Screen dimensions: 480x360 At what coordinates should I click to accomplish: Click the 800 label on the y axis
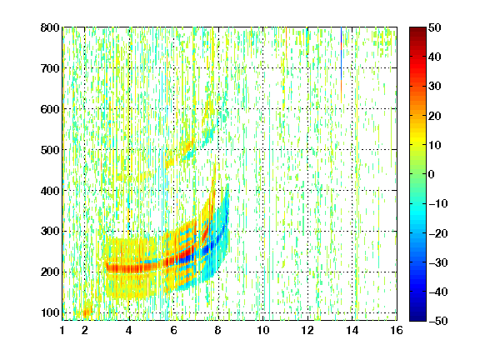tap(50, 27)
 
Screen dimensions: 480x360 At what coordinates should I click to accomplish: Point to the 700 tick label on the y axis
tap(50, 68)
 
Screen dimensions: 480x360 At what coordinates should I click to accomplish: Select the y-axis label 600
tap(50, 109)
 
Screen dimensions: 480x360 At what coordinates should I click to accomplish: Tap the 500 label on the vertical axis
tap(50, 150)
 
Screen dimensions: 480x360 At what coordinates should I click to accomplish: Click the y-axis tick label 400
tap(50, 191)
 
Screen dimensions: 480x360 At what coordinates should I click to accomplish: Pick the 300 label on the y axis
tap(50, 232)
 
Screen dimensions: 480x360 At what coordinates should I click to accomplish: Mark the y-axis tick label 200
tap(50, 272)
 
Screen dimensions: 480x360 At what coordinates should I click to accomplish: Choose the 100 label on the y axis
tap(50, 312)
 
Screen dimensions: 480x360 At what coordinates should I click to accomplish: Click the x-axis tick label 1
tap(62, 330)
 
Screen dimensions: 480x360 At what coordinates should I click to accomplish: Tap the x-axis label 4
tap(129, 330)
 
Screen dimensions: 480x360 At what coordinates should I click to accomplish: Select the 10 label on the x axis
tap(263, 330)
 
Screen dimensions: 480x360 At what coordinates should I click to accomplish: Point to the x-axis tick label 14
tap(352, 330)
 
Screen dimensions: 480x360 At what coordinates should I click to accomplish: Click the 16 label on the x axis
tap(397, 330)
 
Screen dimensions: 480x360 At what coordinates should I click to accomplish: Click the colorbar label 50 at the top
tap(434, 27)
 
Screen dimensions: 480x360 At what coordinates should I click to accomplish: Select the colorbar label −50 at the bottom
tap(437, 321)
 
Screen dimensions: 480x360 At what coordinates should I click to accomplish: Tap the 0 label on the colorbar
tap(432, 174)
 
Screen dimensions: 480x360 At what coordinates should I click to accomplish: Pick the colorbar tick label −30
tap(437, 262)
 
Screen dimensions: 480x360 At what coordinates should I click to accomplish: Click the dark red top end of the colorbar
tap(417, 29)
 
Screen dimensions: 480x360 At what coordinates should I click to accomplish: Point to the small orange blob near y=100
tap(87, 312)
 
